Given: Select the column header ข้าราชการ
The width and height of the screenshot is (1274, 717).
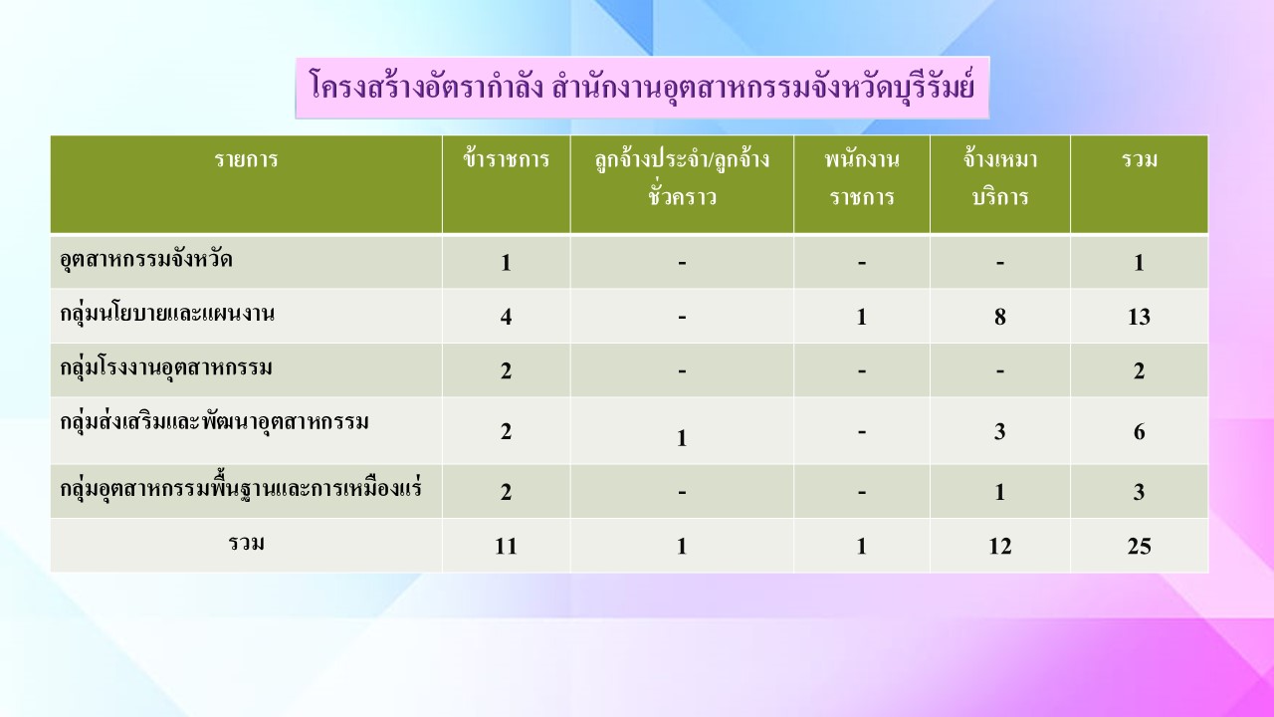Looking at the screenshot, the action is click(507, 159).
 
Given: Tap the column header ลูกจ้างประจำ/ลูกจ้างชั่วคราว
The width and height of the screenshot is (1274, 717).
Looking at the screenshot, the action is click(682, 177).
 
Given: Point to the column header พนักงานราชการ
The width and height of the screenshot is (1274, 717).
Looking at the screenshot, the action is click(862, 177).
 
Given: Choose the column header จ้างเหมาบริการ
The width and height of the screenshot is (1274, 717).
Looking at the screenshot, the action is click(1000, 177).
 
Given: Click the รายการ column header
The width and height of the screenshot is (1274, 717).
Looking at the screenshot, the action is click(246, 159).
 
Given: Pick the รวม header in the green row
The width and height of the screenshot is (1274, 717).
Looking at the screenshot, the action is click(1140, 159).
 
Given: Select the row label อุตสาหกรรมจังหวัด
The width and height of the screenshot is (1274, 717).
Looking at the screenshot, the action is click(146, 260).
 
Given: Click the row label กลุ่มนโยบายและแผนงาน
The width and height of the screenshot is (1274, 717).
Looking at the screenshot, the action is click(167, 314).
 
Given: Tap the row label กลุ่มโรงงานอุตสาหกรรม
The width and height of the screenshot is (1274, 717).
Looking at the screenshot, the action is click(166, 367).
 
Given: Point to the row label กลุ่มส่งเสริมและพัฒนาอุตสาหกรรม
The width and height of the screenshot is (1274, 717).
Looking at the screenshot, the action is click(214, 421).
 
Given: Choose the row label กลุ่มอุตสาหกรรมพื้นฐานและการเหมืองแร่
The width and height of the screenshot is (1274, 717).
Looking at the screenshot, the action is click(241, 488).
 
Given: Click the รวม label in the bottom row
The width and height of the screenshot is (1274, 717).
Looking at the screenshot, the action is click(246, 544).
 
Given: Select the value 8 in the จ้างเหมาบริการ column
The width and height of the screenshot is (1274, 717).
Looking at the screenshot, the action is click(1000, 317).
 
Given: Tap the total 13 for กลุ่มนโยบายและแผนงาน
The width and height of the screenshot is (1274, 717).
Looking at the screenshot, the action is click(1140, 317).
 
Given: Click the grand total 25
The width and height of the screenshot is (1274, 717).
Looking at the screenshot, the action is click(1140, 547).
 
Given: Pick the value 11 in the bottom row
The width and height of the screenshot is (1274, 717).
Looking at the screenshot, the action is click(507, 547).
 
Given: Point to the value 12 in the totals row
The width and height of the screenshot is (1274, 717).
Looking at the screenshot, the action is click(1000, 547).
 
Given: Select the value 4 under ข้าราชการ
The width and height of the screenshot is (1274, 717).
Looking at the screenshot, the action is click(507, 317).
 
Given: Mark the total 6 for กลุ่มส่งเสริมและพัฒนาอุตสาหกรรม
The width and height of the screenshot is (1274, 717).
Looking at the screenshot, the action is click(1140, 432).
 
